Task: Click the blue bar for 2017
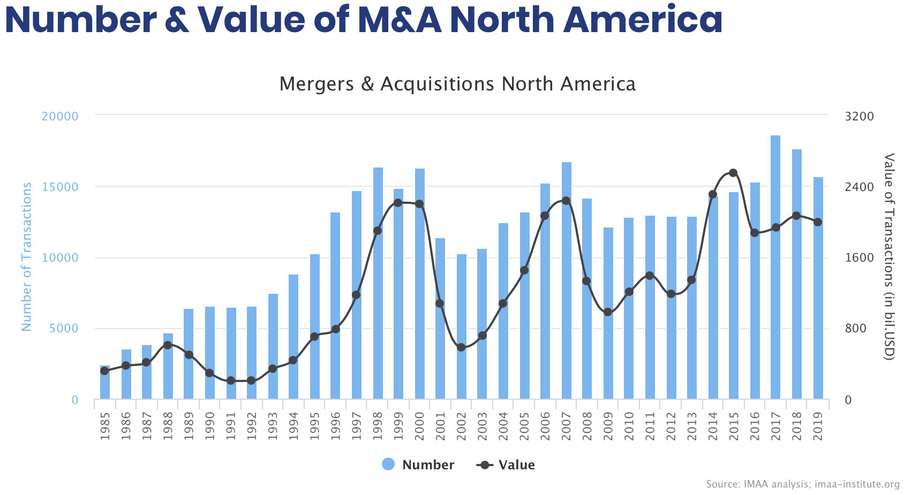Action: click(775, 268)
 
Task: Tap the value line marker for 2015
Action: click(733, 173)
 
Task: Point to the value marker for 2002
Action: click(461, 347)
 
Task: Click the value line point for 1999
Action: click(398, 203)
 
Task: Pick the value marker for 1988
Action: click(168, 345)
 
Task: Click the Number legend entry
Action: click(418, 464)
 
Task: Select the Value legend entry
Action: click(506, 464)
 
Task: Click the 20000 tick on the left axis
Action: click(60, 116)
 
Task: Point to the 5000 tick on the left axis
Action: click(64, 329)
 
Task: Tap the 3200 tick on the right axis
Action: click(859, 116)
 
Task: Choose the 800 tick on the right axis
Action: click(855, 329)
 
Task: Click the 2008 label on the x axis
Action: click(587, 426)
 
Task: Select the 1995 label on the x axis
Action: click(315, 426)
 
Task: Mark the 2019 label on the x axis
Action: click(818, 426)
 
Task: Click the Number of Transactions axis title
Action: click(26, 257)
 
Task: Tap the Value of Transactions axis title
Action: click(888, 257)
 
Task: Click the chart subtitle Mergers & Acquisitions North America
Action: click(457, 84)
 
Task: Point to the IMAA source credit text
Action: click(802, 484)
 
